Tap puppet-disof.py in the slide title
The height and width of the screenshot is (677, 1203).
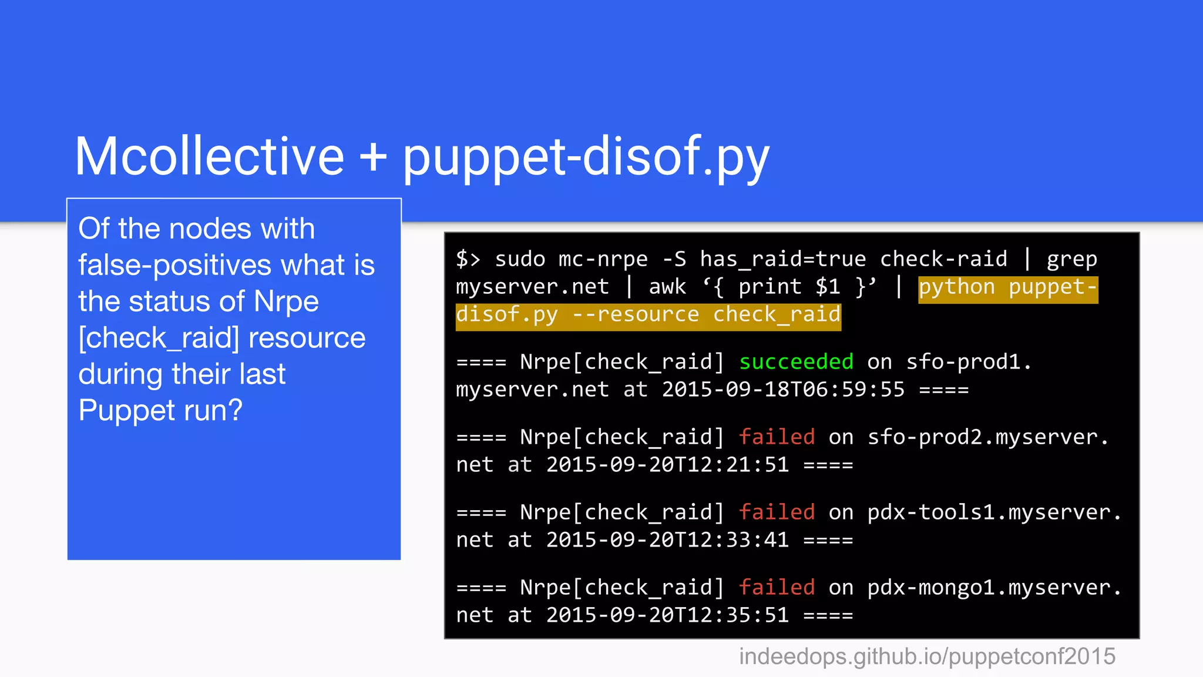(586, 157)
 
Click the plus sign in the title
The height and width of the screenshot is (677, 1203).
(373, 157)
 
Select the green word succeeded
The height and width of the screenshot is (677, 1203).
(796, 361)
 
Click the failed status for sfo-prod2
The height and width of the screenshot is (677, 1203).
(777, 437)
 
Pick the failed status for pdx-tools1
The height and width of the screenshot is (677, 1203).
(777, 512)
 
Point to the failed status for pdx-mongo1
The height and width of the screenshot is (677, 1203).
(777, 587)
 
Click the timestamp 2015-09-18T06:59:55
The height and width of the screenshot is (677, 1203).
(783, 390)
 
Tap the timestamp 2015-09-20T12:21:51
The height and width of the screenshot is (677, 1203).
(667, 465)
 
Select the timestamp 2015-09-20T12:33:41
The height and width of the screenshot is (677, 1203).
(667, 540)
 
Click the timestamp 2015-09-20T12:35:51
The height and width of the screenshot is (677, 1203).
(667, 615)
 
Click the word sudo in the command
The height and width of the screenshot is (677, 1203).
(520, 259)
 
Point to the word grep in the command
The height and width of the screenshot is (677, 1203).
(1071, 259)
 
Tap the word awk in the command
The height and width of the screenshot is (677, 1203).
(667, 287)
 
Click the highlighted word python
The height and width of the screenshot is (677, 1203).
(956, 287)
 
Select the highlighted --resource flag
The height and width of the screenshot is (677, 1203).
(636, 314)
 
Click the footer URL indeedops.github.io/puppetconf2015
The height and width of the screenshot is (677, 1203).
(927, 656)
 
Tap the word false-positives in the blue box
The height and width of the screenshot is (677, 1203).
(170, 265)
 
